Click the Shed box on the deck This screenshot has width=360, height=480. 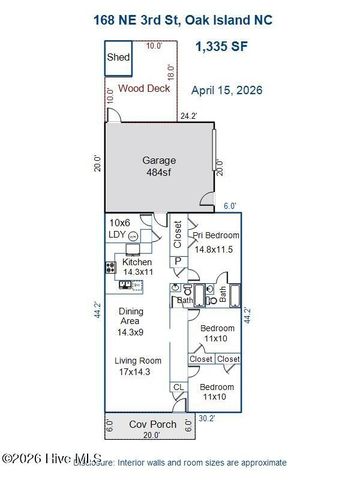[x=119, y=59]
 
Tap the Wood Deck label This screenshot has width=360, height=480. [x=141, y=88]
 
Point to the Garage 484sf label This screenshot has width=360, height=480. [x=160, y=166]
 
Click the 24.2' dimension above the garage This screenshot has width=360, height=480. [x=187, y=116]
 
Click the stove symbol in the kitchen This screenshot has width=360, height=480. [x=109, y=267]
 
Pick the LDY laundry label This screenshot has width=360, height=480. [x=118, y=234]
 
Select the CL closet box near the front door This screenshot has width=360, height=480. [x=178, y=387]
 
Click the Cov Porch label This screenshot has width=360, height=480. [x=151, y=424]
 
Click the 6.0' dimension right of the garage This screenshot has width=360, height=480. [x=229, y=206]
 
